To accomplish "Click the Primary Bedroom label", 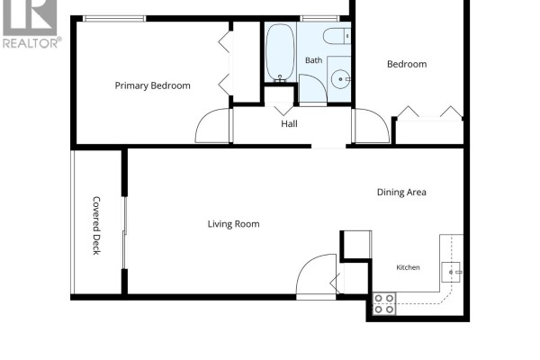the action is coord(153,85).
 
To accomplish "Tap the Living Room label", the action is coord(233,224).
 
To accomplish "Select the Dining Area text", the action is coord(401,193).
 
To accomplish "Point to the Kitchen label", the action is coord(408,267).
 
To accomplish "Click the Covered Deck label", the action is coord(97,226).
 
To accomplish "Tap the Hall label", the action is coord(289,124).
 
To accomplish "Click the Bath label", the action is coord(314,60).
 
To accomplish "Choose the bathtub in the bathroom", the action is coord(280,52).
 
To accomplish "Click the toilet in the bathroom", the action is coord(337,36).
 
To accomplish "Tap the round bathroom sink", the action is coord(340,79).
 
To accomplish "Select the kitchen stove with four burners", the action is coord(384,303).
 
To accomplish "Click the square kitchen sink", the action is coord(451,272).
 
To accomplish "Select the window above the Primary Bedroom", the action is coord(114,19).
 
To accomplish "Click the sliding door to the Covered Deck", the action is coord(125,233).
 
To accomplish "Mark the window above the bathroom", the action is coord(319,19).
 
